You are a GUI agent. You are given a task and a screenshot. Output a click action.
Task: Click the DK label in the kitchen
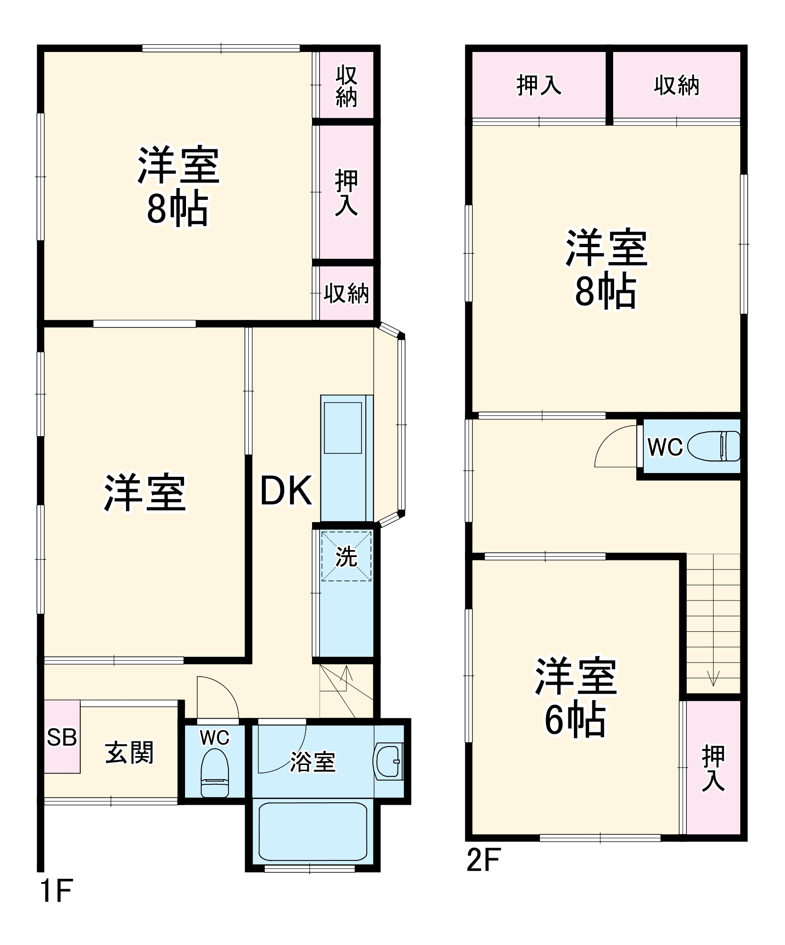tap(286, 491)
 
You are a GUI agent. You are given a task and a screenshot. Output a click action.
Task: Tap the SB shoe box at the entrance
tap(62, 737)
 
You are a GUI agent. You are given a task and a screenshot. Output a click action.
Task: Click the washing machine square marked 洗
tap(346, 556)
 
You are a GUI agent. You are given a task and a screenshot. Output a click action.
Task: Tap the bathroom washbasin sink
tap(388, 762)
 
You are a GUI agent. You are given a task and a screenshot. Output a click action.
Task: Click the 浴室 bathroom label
tap(312, 762)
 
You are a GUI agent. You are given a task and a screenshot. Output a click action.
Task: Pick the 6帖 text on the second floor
tap(575, 721)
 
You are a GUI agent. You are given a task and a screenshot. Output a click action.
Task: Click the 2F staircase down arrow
tap(713, 677)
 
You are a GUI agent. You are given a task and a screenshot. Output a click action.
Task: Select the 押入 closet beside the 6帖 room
tap(713, 768)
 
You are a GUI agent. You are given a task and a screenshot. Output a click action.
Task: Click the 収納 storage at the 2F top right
tap(676, 86)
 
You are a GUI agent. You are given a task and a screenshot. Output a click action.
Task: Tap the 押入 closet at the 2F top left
tap(539, 86)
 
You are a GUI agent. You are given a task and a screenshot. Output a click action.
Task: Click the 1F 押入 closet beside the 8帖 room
tap(346, 192)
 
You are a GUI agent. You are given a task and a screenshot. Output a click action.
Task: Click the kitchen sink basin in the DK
tap(343, 428)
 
